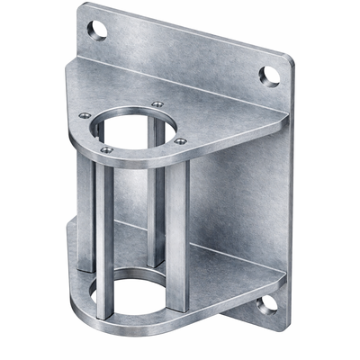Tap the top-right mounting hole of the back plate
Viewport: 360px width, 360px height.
tap(269, 74)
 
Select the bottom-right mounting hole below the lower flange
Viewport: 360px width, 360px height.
tap(266, 304)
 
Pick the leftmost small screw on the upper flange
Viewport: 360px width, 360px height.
tap(85, 115)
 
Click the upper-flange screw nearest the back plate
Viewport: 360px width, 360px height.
tap(157, 104)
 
